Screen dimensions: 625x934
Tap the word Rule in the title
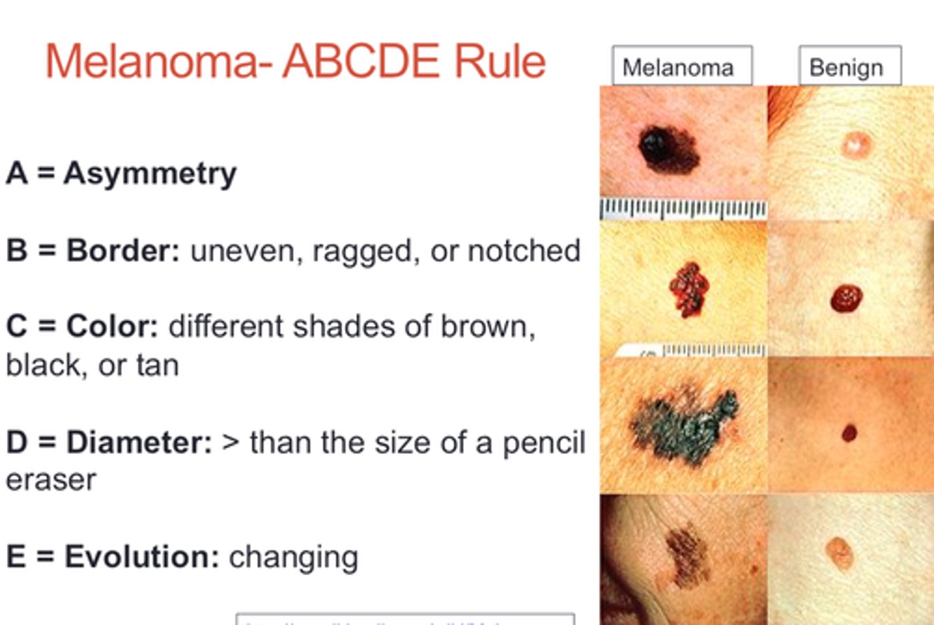[x=499, y=62]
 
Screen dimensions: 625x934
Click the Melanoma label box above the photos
[x=682, y=66]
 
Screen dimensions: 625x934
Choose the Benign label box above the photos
[x=849, y=66]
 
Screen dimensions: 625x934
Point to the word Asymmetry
[x=150, y=174]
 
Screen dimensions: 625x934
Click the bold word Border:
[x=123, y=251]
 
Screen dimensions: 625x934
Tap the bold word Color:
[x=112, y=326]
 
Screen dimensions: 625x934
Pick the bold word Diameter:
[x=139, y=442]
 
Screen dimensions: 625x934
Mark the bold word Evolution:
[x=141, y=557]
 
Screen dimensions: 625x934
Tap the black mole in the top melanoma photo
[x=669, y=148]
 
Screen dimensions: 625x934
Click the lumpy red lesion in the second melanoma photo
[x=688, y=289]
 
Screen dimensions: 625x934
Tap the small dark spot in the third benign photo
[x=849, y=432]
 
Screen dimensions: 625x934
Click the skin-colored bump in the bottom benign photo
[x=839, y=552]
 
